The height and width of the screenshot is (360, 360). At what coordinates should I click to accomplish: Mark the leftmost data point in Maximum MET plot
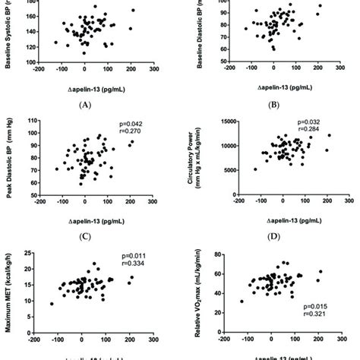[x=52, y=303]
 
